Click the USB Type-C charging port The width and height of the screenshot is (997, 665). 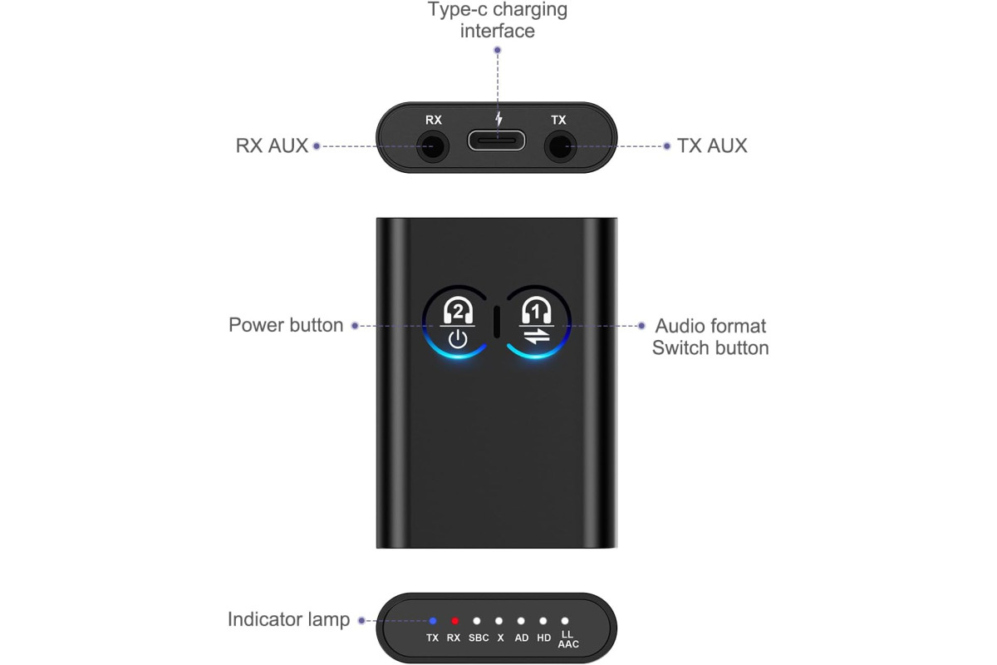[496, 141]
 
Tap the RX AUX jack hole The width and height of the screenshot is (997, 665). [432, 146]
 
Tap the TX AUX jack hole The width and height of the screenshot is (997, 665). [560, 146]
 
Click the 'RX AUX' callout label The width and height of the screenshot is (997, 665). [272, 145]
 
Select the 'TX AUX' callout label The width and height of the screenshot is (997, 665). [712, 145]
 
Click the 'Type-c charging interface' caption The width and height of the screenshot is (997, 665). [498, 21]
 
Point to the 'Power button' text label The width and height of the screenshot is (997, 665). [286, 325]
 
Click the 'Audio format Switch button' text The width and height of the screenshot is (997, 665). [710, 337]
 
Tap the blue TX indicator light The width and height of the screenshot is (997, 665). [433, 621]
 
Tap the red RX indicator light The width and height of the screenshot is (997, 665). [454, 621]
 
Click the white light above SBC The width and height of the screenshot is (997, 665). [477, 621]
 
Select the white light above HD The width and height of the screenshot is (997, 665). [543, 621]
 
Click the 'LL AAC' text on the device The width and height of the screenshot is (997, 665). [568, 639]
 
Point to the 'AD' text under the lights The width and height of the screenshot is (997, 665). [522, 638]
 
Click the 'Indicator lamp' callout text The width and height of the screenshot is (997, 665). [288, 619]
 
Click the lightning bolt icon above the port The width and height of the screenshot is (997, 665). [499, 119]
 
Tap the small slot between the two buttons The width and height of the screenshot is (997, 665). [497, 322]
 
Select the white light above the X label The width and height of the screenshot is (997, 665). [499, 621]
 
